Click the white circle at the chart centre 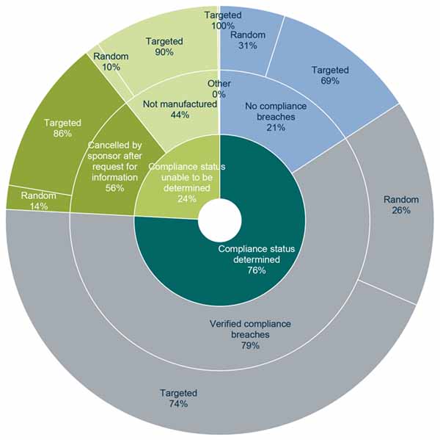coord(220,220)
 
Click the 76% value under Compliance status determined coord(256,270)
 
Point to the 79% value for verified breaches coord(250,345)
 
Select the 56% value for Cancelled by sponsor coord(114,188)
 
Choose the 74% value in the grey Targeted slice coord(178,404)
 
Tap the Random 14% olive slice coord(34,201)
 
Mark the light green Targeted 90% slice coord(164,46)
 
